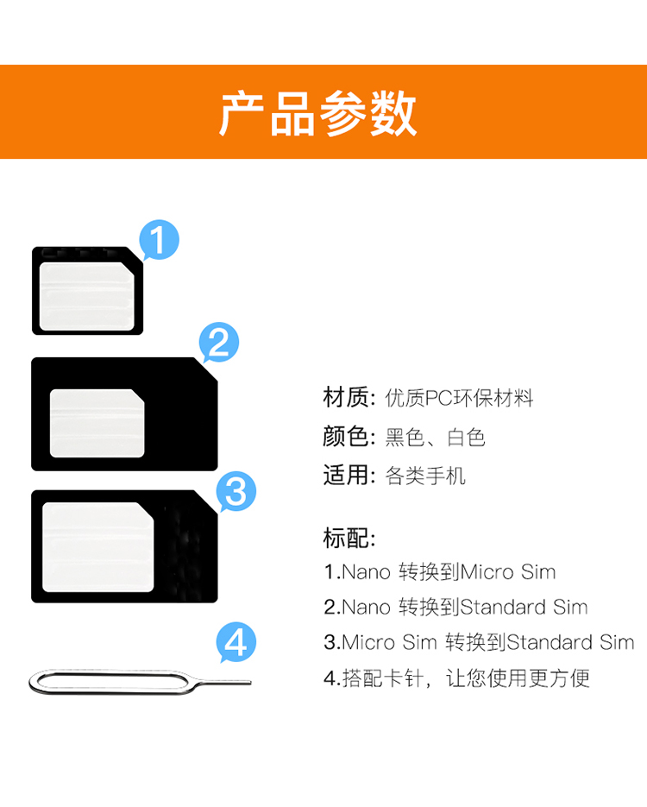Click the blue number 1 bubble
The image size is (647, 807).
(x=159, y=240)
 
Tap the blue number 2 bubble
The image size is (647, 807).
(x=218, y=343)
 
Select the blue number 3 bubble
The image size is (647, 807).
(x=236, y=491)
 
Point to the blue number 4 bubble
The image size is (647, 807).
(x=236, y=642)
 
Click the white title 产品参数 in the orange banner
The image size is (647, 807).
(x=317, y=113)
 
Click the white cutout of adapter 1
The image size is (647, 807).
(x=87, y=296)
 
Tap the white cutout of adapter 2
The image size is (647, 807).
(x=97, y=423)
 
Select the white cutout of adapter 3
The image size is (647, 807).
(x=97, y=547)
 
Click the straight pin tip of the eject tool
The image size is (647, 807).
(x=250, y=683)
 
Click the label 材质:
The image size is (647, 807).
(x=349, y=398)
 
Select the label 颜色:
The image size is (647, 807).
(x=349, y=437)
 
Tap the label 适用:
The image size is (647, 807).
(x=349, y=475)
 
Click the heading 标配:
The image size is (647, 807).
(x=349, y=539)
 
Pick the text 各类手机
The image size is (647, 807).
(x=425, y=476)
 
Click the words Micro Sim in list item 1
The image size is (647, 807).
(x=508, y=571)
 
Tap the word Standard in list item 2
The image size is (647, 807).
(x=502, y=608)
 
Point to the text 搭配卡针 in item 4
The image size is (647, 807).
(x=383, y=678)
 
